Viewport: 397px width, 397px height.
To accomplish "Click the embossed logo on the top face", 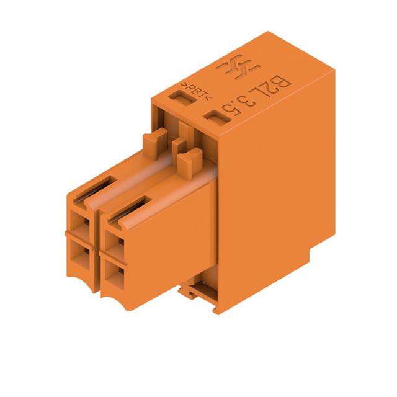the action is click(x=238, y=66).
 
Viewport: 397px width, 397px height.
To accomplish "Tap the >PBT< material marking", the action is click(x=196, y=91).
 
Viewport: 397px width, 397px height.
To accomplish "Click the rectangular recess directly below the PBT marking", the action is click(x=182, y=98).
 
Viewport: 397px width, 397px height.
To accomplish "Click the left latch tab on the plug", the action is click(x=155, y=143).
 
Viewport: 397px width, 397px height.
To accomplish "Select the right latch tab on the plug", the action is click(x=190, y=164).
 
